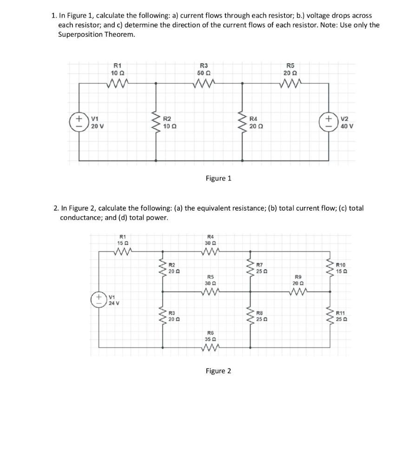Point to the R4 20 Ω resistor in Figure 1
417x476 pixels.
(242, 122)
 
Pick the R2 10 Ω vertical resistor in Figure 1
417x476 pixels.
(155, 122)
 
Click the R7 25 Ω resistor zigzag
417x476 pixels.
(251, 268)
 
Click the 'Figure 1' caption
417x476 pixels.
(218, 178)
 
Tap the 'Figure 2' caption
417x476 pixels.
(218, 370)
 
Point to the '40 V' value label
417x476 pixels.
(347, 126)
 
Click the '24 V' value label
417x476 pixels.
(114, 303)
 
